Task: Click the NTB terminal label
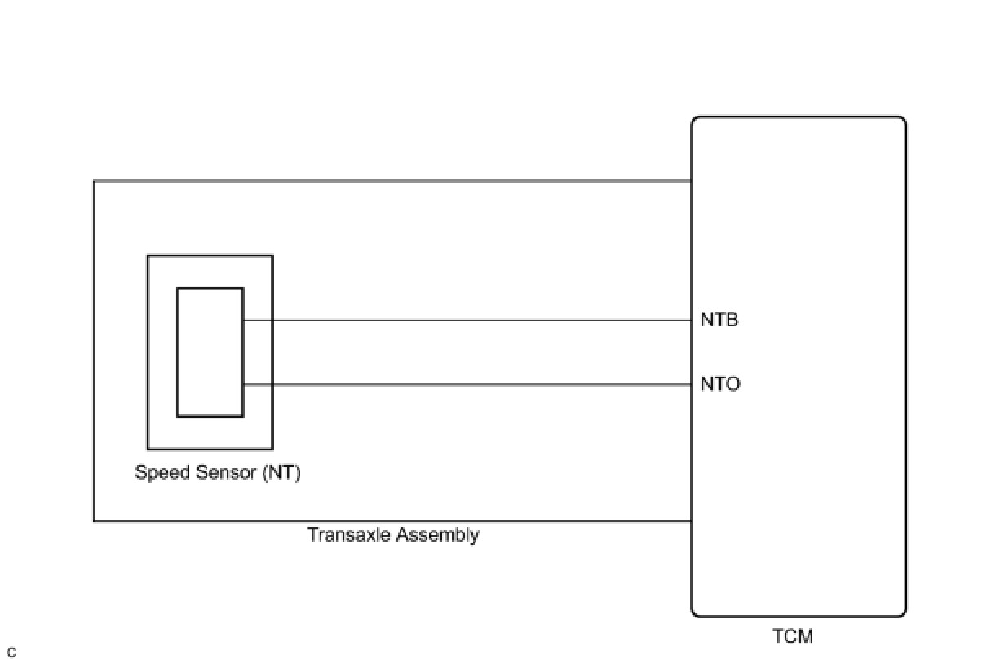719,320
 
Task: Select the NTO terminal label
720,384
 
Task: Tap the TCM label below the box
792,636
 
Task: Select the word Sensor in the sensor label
227,472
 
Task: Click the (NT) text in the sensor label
281,472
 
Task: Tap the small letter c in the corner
11,653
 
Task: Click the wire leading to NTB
465,321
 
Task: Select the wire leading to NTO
465,385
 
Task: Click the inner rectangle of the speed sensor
210,352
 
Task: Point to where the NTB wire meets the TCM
693,321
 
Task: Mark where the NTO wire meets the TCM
693,385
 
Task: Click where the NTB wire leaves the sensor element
244,321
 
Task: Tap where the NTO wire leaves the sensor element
244,385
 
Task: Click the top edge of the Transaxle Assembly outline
392,180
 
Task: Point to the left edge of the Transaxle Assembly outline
94,351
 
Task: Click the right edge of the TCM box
905,367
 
